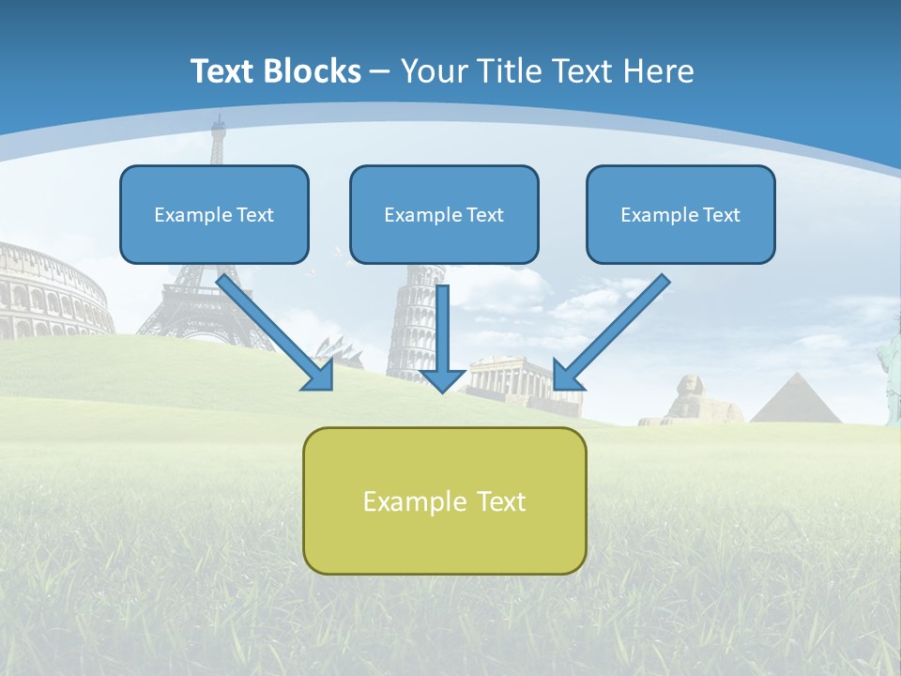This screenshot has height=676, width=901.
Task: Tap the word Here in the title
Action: pyautogui.click(x=662, y=71)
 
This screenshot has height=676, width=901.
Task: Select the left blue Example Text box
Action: pyautogui.click(x=214, y=214)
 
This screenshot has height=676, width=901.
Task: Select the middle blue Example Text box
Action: pyautogui.click(x=444, y=214)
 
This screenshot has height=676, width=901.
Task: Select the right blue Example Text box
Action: pyautogui.click(x=680, y=214)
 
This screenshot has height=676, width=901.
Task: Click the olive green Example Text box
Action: pyautogui.click(x=444, y=501)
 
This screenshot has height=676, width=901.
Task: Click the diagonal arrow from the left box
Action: pyautogui.click(x=272, y=329)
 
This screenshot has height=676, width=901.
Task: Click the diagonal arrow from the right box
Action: pyautogui.click(x=615, y=329)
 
